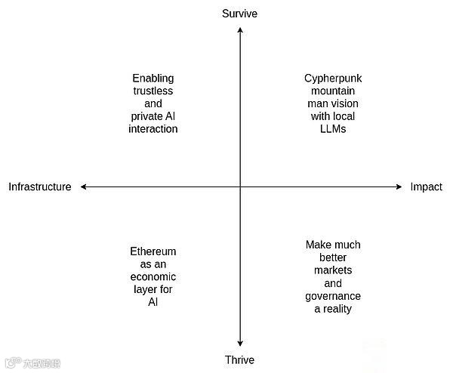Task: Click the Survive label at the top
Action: [x=239, y=13]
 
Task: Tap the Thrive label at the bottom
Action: [x=239, y=359]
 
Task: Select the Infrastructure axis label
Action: [x=40, y=187]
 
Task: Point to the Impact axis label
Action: [x=426, y=187]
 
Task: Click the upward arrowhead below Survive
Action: [x=240, y=29]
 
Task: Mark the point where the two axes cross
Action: [x=240, y=186]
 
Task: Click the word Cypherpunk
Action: [x=333, y=78]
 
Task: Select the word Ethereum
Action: [x=153, y=251]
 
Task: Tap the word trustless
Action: [x=153, y=91]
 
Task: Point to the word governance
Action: [x=333, y=296]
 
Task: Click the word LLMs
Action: [x=333, y=129]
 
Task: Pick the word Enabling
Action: [x=153, y=78]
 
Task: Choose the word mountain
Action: [x=333, y=91]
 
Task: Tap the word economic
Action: [x=153, y=277]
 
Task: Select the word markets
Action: [x=333, y=270]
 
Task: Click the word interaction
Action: [x=153, y=129]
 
